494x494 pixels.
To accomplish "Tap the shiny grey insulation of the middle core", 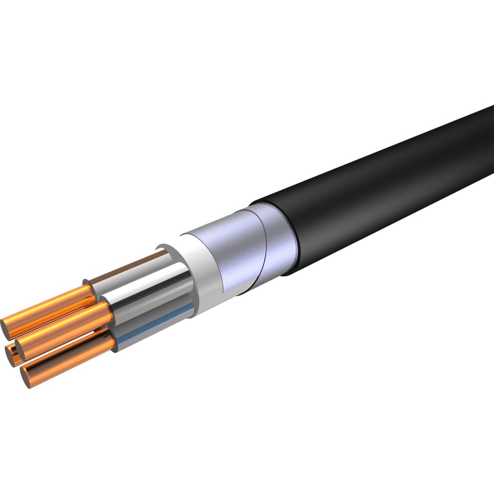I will (x=148, y=291).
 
